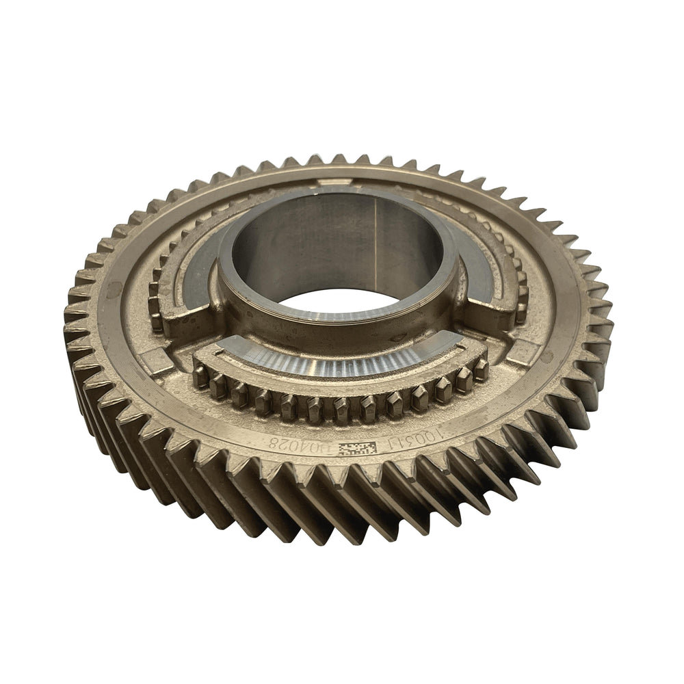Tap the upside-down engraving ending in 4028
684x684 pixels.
302,445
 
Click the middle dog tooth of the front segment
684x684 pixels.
340,410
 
